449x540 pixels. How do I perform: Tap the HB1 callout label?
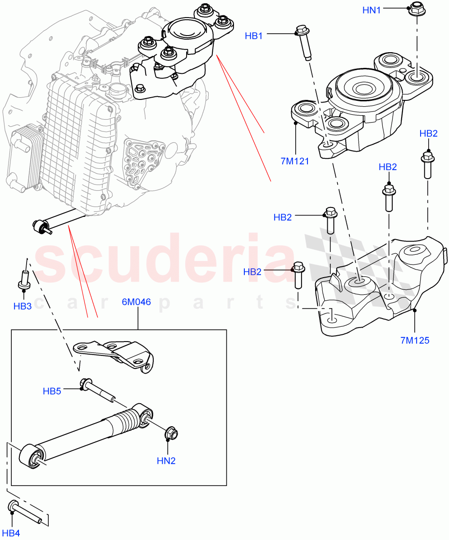(x=254, y=36)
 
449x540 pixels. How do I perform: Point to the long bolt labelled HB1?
(x=303, y=43)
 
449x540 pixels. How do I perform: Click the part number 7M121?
(x=295, y=161)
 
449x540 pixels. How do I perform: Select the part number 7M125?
(x=414, y=340)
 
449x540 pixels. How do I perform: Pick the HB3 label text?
(x=22, y=306)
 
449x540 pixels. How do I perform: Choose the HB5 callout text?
(x=52, y=391)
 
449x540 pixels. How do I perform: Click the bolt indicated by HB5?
(x=97, y=388)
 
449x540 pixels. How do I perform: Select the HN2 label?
(x=166, y=460)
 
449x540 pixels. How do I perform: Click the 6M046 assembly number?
(x=136, y=302)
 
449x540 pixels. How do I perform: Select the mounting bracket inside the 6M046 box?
(x=115, y=355)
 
